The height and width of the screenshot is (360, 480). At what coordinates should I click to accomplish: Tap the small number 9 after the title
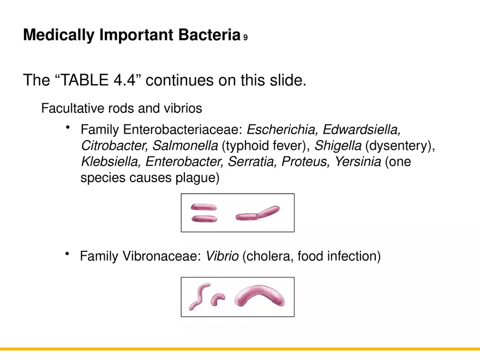coord(245,38)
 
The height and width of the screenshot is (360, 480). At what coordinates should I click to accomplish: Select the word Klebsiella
coord(111,162)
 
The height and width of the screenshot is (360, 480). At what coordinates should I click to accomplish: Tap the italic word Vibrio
coord(222,256)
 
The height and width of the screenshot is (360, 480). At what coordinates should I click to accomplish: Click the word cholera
coord(269,256)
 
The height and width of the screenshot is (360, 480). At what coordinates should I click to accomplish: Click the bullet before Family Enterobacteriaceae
coord(68,128)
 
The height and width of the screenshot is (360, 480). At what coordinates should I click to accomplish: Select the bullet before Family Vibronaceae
coord(68,254)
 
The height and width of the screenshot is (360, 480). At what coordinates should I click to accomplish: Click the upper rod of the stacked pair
coord(203,207)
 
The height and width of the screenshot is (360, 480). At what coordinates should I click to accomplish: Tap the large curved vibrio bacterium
coord(259,296)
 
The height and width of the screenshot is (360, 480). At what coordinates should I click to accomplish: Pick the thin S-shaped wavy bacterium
coord(198,296)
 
